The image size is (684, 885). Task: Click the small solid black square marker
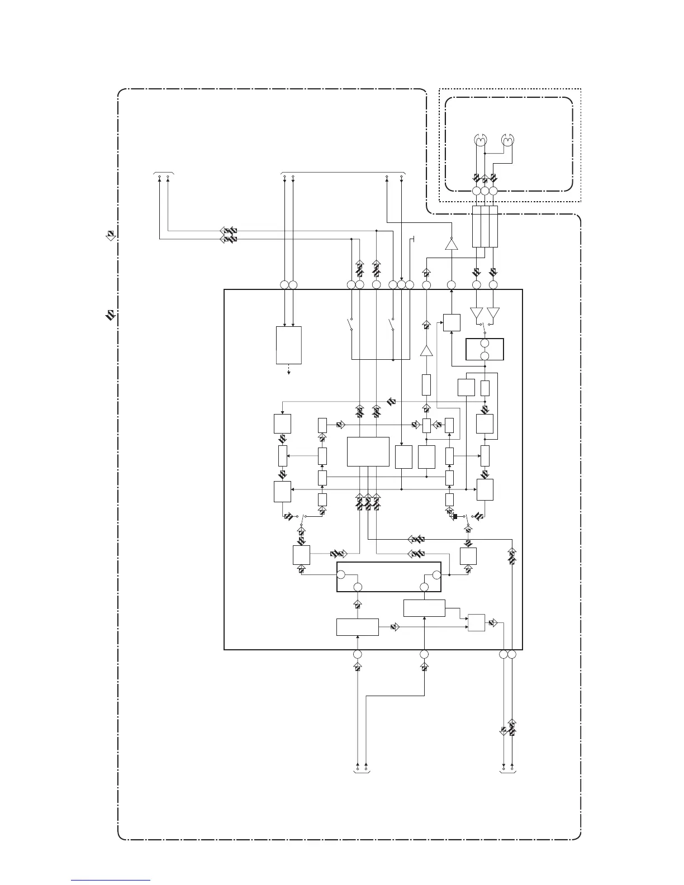click(x=455, y=516)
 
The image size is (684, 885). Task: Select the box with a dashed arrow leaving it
click(x=289, y=345)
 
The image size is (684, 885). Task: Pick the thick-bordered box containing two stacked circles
click(x=484, y=350)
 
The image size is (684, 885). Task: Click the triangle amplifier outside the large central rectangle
click(x=451, y=244)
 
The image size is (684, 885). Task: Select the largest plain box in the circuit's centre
click(x=368, y=451)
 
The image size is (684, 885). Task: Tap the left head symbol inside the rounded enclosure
click(x=479, y=140)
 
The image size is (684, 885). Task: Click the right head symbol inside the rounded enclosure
click(x=507, y=140)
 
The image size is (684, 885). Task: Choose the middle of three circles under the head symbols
click(x=484, y=191)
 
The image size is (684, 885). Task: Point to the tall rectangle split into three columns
click(x=484, y=226)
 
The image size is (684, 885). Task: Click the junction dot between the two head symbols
click(x=484, y=154)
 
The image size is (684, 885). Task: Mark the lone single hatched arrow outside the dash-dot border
click(x=111, y=235)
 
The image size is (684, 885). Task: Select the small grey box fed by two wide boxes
click(x=476, y=622)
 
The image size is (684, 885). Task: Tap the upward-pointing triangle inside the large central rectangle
click(x=426, y=351)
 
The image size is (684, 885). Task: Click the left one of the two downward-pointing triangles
click(x=476, y=313)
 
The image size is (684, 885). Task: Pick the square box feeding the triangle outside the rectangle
click(x=452, y=322)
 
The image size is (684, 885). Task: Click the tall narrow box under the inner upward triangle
click(x=426, y=385)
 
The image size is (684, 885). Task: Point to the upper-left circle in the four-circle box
click(x=340, y=574)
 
